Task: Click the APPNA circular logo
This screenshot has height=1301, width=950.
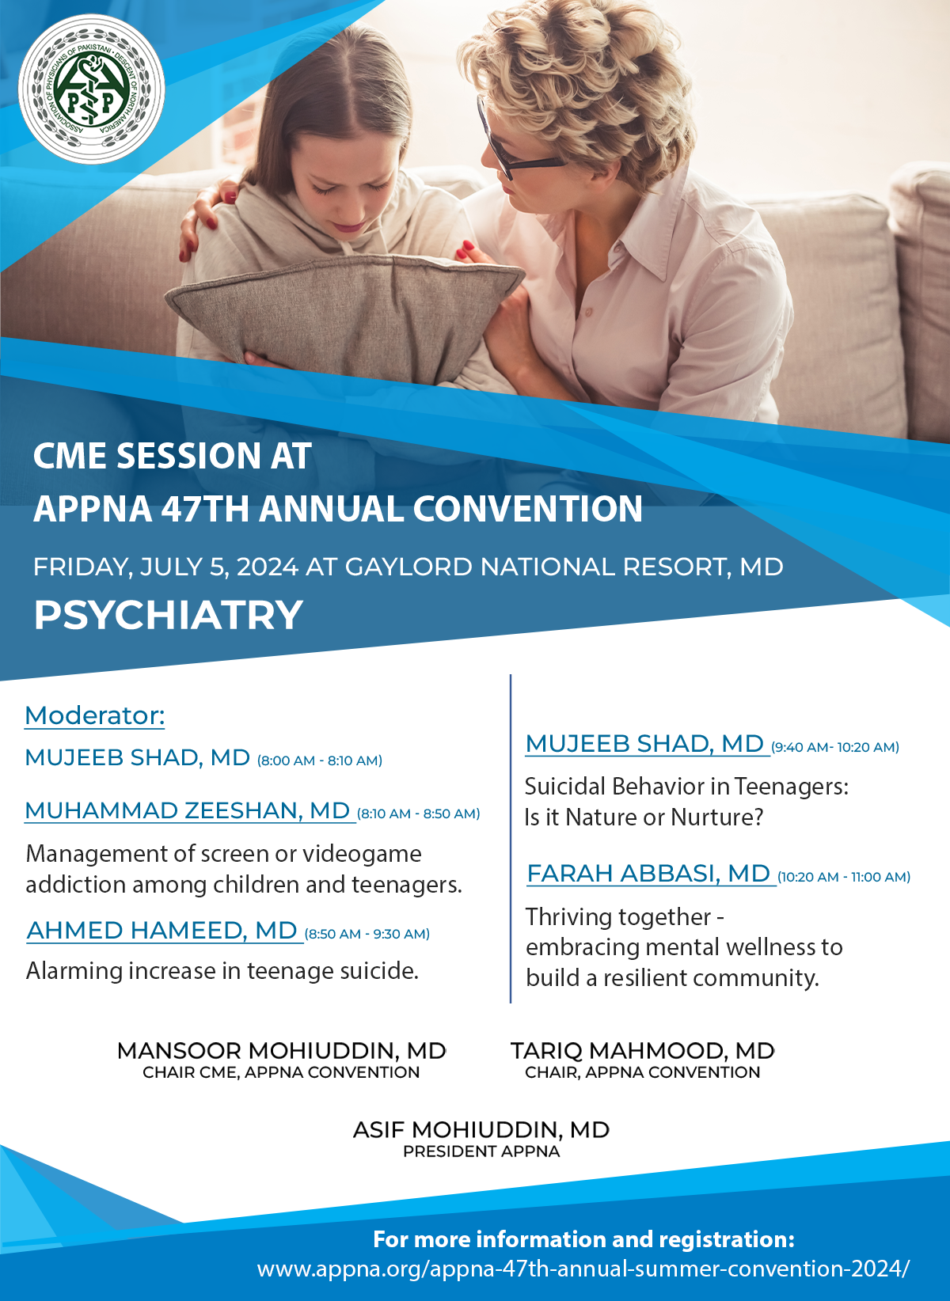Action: [91, 89]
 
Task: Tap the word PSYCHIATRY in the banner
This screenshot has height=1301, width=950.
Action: [168, 615]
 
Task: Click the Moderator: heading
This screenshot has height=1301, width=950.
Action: [95, 715]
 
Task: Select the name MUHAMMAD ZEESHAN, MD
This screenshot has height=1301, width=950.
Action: [188, 810]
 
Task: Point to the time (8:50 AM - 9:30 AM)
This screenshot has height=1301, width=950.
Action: [367, 934]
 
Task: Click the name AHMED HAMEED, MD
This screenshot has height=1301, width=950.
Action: [162, 931]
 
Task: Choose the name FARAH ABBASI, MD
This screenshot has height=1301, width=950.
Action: [648, 874]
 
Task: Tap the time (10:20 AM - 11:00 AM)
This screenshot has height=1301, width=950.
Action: [844, 877]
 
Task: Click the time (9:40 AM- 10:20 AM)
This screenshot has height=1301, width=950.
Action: [835, 747]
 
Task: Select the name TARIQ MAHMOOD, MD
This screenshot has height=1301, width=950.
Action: [642, 1051]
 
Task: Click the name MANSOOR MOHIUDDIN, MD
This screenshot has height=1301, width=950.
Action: [281, 1051]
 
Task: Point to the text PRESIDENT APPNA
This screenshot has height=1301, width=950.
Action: [481, 1151]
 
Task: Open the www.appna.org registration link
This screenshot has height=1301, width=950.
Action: [583, 1269]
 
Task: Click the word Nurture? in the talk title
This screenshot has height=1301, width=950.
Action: [716, 817]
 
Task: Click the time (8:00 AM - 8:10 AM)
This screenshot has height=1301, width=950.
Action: [320, 760]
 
